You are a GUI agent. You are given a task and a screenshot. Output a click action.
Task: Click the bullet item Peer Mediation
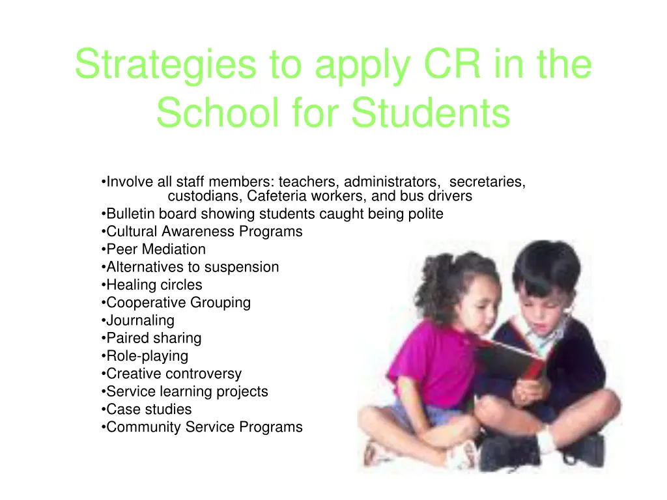pyautogui.click(x=156, y=249)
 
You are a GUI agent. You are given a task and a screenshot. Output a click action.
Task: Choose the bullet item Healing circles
pyautogui.click(x=154, y=285)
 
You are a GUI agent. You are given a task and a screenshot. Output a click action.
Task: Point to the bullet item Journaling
pyautogui.click(x=140, y=320)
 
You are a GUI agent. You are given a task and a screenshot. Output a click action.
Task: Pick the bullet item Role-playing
pyautogui.click(x=147, y=356)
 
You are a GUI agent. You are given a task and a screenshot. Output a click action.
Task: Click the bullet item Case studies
pyautogui.click(x=149, y=410)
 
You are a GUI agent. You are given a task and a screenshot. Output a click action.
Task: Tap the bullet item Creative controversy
pyautogui.click(x=173, y=374)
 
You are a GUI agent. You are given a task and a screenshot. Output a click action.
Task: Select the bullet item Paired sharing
pyautogui.click(x=154, y=339)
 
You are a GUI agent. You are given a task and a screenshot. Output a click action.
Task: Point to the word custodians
pyautogui.click(x=205, y=197)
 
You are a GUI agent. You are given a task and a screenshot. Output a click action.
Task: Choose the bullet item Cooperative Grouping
pyautogui.click(x=178, y=303)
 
